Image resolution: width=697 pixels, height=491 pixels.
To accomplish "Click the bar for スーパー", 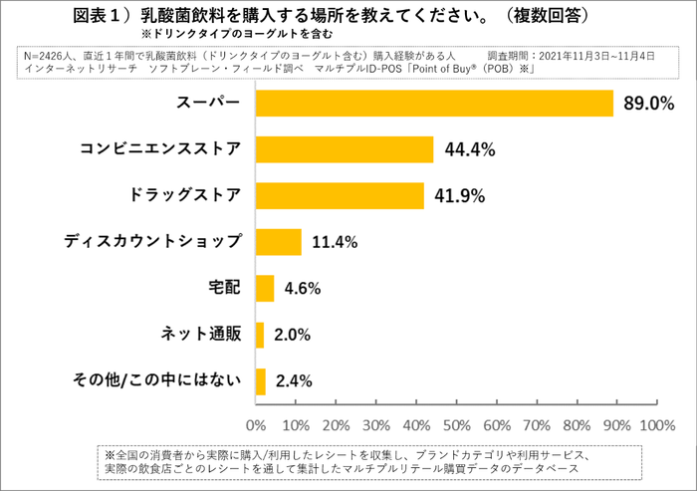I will (x=434, y=104).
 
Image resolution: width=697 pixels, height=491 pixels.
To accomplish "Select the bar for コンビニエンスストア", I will (x=345, y=149).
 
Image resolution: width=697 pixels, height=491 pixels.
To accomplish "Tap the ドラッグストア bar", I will (x=340, y=195).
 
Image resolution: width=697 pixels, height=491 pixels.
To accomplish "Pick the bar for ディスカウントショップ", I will (x=279, y=242).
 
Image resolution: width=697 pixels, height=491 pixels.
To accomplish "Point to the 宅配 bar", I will (x=265, y=288).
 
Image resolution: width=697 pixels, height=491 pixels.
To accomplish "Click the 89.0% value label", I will (x=648, y=104).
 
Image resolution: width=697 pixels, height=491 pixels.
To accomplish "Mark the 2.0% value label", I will (x=294, y=335).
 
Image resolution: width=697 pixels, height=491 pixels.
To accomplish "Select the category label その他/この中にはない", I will (x=157, y=379).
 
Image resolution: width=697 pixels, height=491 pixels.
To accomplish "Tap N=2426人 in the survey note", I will (x=52, y=56).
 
